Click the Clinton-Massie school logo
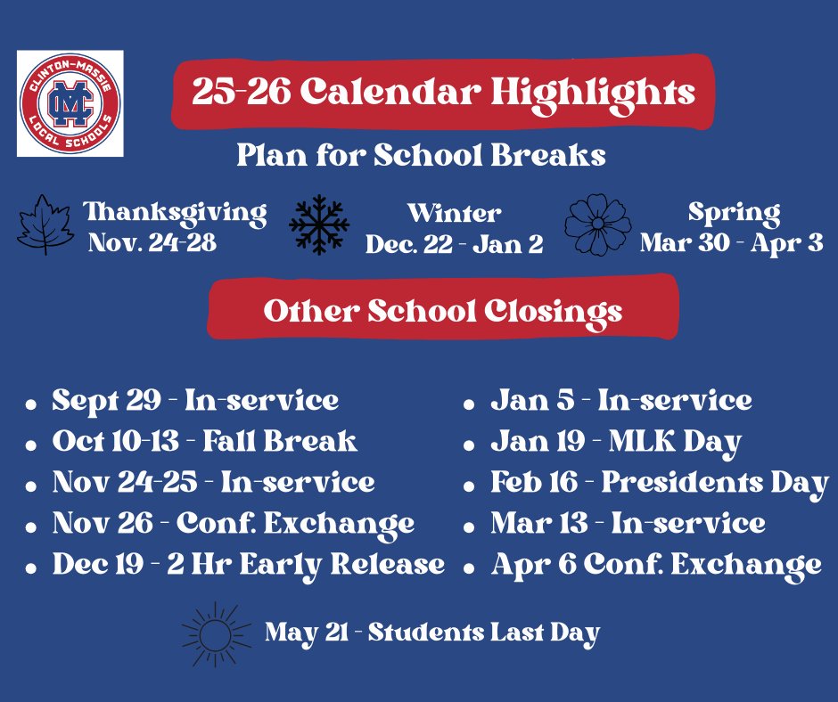70,103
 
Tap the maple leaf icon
45,224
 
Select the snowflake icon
319,225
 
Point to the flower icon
598,224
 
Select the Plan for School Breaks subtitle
421,155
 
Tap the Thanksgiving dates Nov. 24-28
152,243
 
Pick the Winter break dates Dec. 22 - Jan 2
454,245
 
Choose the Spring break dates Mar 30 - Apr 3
731,243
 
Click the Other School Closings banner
443,311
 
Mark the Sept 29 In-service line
195,401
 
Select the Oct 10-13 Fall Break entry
204,442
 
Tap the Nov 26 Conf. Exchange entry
234,524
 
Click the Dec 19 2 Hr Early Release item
248,564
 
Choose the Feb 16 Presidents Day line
659,483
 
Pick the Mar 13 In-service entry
628,524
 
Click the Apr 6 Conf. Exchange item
655,564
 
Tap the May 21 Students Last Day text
432,633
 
